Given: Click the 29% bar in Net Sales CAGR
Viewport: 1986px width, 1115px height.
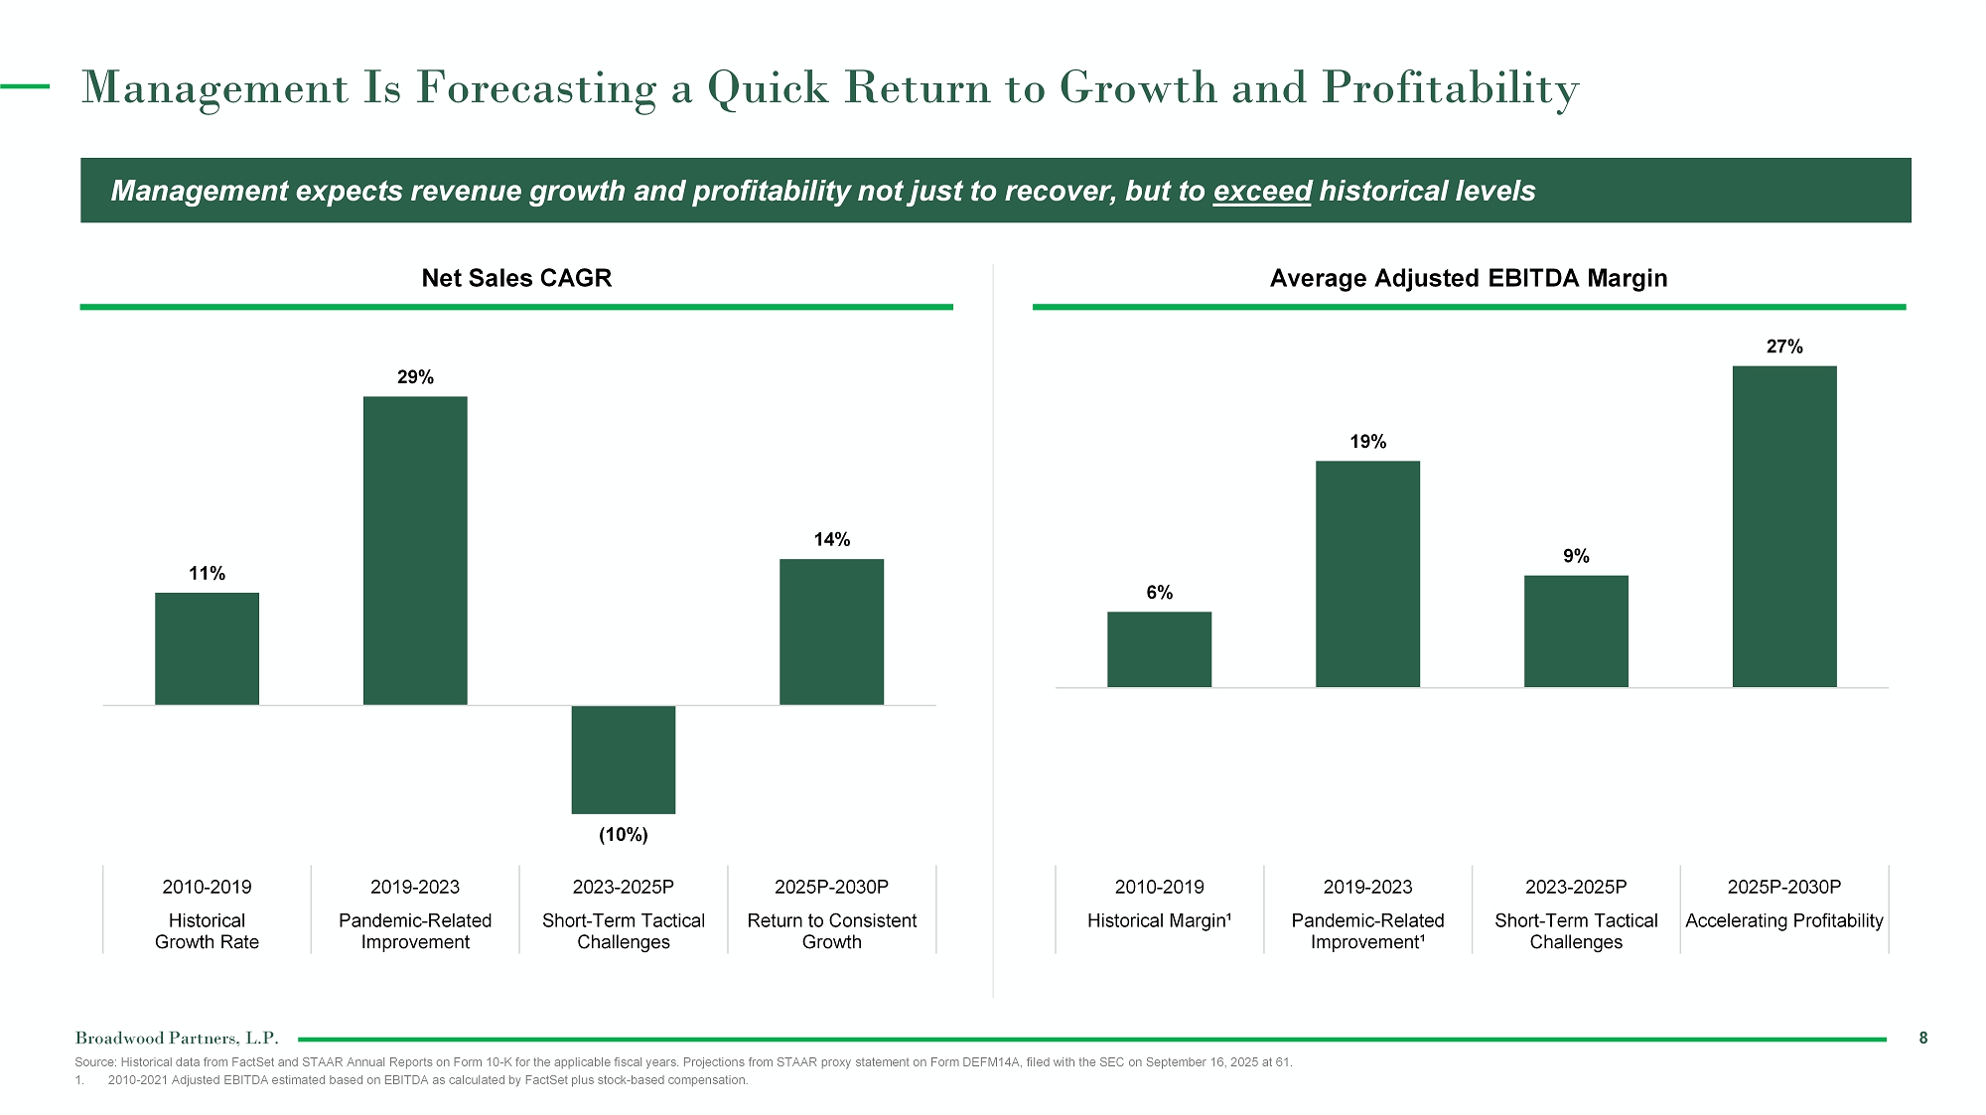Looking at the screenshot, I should coord(415,550).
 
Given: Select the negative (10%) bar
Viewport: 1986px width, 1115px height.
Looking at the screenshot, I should coord(624,760).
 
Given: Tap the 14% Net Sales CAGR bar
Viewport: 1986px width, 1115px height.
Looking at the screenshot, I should coord(831,631).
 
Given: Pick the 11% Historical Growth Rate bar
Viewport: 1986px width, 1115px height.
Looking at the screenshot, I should coord(207,648).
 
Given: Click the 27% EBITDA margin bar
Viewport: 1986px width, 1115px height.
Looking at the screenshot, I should coord(1784,526).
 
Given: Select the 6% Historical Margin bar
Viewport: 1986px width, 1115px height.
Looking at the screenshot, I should coord(1159,649).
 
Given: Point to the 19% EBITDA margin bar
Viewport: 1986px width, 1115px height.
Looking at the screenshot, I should coord(1367,574).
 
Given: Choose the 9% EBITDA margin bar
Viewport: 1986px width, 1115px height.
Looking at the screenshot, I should coord(1576,631).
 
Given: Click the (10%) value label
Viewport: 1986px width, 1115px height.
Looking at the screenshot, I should coord(624,835).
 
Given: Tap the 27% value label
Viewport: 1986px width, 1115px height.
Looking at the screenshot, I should coord(1784,347).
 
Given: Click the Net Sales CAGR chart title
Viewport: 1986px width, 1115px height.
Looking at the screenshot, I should coord(516,278).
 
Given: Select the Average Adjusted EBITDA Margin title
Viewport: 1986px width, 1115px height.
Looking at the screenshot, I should coord(1469,278).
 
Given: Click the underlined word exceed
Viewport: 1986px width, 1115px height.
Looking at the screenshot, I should coord(1262,191).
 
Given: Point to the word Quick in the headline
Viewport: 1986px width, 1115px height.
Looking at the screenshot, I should coord(768,88).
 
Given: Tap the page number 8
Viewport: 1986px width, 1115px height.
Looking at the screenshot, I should coord(1923,1038).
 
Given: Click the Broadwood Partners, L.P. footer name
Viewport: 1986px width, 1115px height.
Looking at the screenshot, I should coord(177,1039).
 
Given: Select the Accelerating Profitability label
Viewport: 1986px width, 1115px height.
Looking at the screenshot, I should coord(1784,920).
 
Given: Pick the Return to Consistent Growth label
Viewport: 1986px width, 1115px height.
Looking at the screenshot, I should coord(832,931).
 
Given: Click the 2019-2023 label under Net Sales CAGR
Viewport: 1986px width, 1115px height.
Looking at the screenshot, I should coord(415,887).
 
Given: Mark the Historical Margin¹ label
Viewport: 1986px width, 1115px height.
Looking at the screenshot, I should coord(1159,920).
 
